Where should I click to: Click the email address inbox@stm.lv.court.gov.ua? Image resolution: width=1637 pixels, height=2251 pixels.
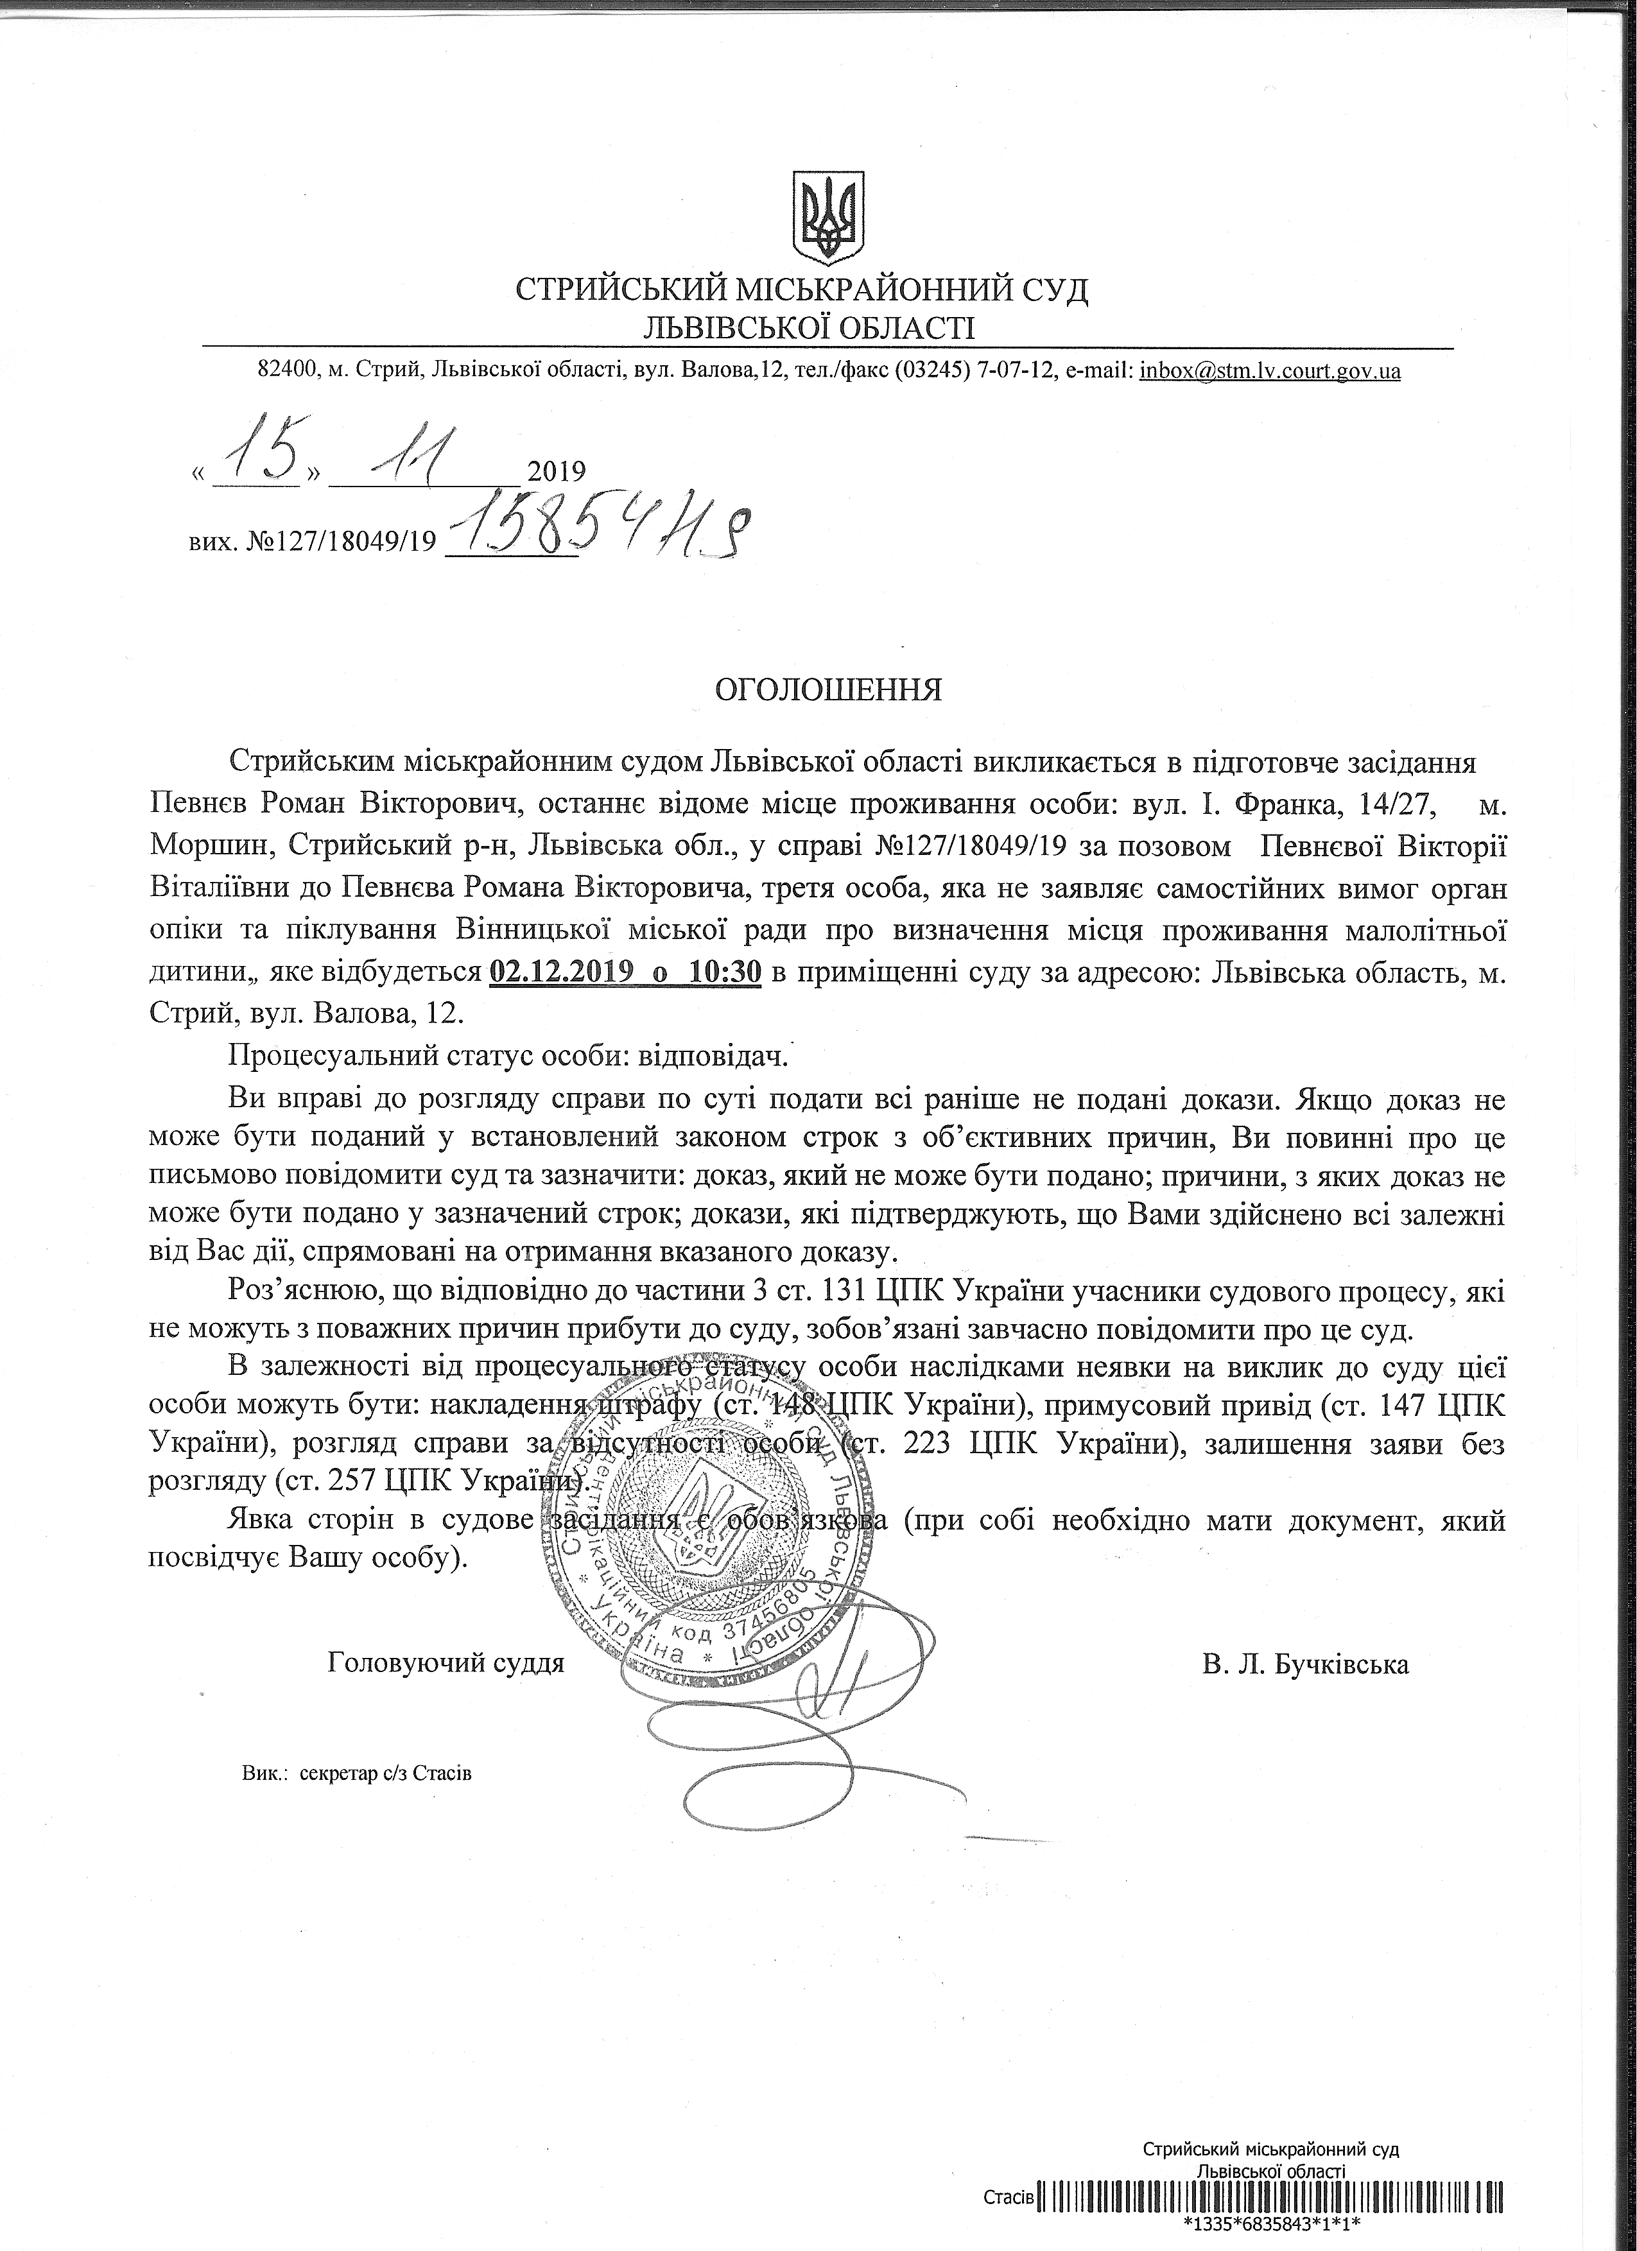point(1270,371)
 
